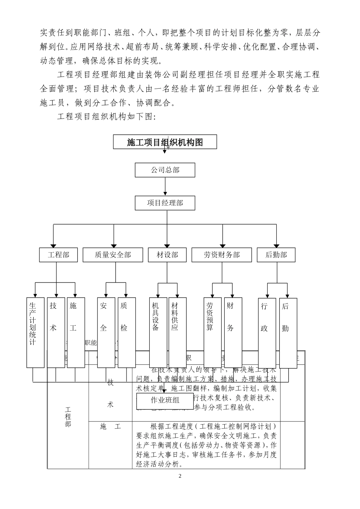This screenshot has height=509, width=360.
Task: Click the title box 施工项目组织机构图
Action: pos(165,142)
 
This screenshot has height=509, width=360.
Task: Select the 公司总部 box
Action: pos(165,170)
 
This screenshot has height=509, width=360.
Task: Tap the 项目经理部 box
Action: pos(165,203)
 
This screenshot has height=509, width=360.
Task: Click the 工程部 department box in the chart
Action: pos(58,255)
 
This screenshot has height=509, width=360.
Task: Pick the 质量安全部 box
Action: pos(113,255)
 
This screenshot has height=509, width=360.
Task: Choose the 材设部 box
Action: pos(167,255)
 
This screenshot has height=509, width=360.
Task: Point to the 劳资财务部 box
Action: pos(221,255)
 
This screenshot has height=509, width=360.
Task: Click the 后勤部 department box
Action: pos(276,255)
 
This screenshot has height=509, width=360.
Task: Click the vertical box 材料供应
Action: pos(177,333)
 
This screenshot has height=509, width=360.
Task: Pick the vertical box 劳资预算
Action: pos(211,333)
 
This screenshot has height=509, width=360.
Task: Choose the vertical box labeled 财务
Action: pos(231,333)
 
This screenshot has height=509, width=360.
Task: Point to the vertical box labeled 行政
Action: pos(266,333)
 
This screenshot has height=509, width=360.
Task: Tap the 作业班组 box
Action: pos(165,400)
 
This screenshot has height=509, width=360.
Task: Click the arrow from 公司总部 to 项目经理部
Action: pos(165,186)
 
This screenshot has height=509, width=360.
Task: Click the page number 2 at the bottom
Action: pos(180,476)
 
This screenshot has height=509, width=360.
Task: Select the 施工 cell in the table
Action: pos(110,427)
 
